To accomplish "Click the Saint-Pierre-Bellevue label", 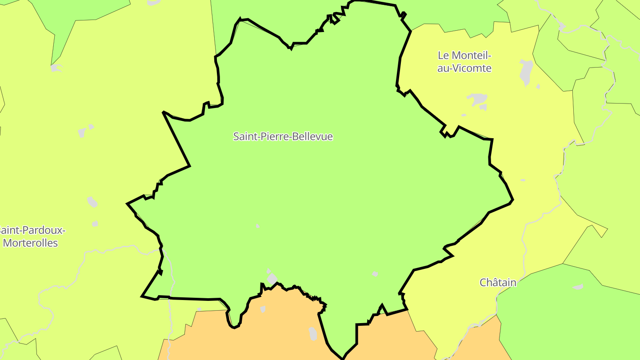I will (x=283, y=136).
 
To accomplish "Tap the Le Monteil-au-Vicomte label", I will (x=464, y=62).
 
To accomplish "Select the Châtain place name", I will (x=498, y=282).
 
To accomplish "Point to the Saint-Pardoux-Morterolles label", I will (x=31, y=236).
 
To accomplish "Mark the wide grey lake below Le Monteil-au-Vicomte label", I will (x=477, y=99).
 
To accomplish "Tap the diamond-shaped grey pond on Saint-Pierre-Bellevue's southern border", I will (x=272, y=279).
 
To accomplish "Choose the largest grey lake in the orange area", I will (x=313, y=333).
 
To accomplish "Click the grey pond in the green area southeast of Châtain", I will (x=578, y=287).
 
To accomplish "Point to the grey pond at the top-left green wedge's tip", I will (x=56, y=68).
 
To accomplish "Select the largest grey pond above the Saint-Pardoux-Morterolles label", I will (x=92, y=202).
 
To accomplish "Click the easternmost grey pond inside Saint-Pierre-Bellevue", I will (x=375, y=274).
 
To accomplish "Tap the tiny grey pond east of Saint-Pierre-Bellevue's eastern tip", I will (x=523, y=180).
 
